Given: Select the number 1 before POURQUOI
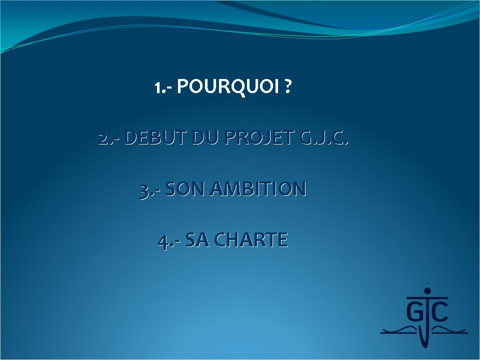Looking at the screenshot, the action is point(157,88).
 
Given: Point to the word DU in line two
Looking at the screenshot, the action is point(205,137).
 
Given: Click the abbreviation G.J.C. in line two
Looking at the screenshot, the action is point(323,137).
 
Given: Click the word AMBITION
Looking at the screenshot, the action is point(258,189).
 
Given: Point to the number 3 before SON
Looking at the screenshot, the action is point(143,191).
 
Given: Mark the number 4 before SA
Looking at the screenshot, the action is point(163,242).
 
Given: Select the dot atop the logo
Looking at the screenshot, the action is point(427,291).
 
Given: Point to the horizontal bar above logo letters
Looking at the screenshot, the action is point(427,297).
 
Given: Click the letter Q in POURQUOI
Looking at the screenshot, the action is point(239,87).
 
